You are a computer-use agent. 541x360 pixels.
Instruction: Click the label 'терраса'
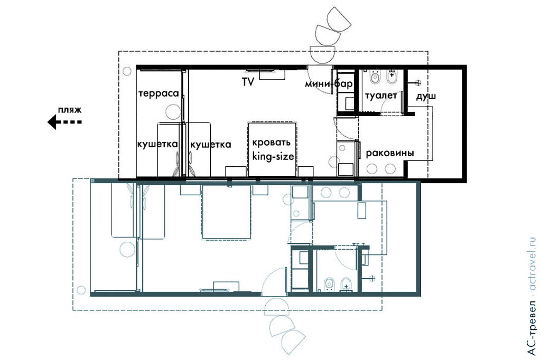(x=158, y=93)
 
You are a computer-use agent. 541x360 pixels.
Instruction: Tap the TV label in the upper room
(x=248, y=82)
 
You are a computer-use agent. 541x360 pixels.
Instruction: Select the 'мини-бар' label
(x=329, y=84)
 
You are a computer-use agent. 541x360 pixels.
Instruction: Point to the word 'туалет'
(x=381, y=95)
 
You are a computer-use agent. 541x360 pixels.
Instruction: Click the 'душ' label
(x=426, y=96)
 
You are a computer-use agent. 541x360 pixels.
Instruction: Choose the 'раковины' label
(x=389, y=153)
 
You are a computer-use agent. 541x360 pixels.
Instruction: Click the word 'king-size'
(x=273, y=156)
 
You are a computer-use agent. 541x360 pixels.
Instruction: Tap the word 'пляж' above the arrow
(x=70, y=110)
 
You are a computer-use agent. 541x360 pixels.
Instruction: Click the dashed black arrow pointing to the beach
(x=64, y=122)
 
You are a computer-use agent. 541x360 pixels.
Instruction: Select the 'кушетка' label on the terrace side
(x=157, y=144)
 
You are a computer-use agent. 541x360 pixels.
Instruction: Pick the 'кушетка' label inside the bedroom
(x=210, y=144)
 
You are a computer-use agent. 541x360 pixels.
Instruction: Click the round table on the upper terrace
(x=173, y=112)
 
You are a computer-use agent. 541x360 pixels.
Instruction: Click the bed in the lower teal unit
(x=226, y=212)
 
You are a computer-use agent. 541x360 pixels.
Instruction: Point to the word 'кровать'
(x=272, y=143)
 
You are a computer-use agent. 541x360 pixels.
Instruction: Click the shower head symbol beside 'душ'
(x=418, y=83)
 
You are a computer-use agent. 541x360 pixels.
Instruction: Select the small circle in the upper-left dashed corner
(x=127, y=71)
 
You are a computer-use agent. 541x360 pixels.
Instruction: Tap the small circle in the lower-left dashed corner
(x=81, y=290)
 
